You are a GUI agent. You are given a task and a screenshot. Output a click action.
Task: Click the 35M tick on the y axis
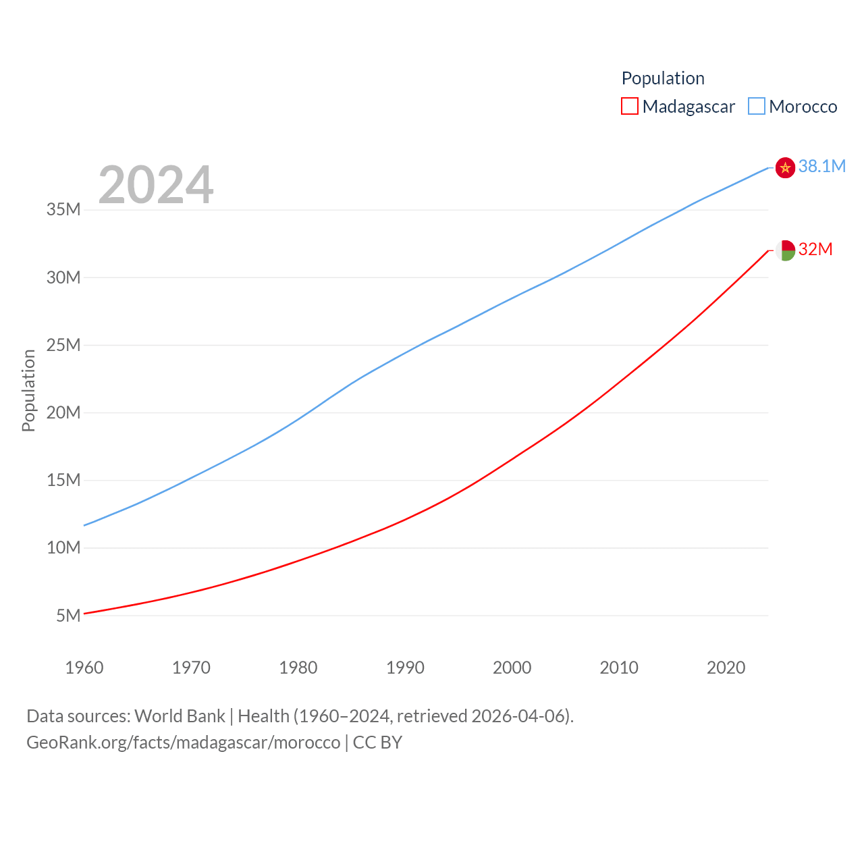pyautogui.click(x=63, y=210)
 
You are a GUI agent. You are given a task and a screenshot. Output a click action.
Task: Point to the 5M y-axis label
pyautogui.click(x=68, y=616)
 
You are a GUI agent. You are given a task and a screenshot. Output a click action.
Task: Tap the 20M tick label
pyautogui.click(x=63, y=412)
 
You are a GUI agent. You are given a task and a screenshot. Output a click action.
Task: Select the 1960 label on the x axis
pyautogui.click(x=84, y=668)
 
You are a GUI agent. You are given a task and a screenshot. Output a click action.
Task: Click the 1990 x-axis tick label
pyautogui.click(x=405, y=668)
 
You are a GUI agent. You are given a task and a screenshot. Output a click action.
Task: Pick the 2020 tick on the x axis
pyautogui.click(x=726, y=668)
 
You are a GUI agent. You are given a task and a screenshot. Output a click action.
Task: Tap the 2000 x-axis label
pyautogui.click(x=512, y=668)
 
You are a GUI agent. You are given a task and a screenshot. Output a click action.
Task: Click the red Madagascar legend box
pyautogui.click(x=630, y=107)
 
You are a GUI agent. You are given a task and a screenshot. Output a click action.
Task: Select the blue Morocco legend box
pyautogui.click(x=757, y=107)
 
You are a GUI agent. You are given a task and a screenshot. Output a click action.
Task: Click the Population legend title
pyautogui.click(x=663, y=78)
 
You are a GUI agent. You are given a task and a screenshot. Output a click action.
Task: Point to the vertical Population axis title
pyautogui.click(x=28, y=391)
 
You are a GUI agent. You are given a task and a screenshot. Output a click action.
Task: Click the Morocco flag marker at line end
pyautogui.click(x=785, y=167)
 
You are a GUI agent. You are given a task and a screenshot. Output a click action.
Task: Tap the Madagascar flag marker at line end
pyautogui.click(x=785, y=250)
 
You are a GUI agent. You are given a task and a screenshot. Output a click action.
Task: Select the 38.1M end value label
pyautogui.click(x=821, y=166)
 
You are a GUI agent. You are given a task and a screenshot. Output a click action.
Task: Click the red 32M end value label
pyautogui.click(x=815, y=249)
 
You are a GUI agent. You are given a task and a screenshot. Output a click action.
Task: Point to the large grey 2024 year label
pyautogui.click(x=156, y=185)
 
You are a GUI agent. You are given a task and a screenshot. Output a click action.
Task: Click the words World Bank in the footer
pyautogui.click(x=180, y=716)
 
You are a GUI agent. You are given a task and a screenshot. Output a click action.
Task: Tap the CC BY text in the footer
pyautogui.click(x=377, y=742)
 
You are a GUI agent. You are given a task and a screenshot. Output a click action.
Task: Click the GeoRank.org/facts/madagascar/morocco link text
pyautogui.click(x=184, y=742)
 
